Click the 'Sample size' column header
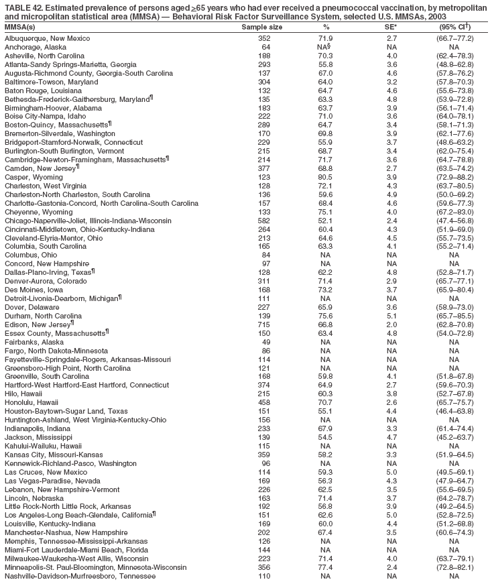(261, 27)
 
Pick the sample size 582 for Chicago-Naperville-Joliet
(263, 221)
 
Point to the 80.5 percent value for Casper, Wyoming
(326, 177)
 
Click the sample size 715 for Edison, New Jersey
(263, 325)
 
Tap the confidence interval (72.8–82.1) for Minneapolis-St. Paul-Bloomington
(454, 567)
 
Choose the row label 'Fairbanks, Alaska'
(32, 342)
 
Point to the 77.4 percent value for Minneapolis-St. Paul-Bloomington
(326, 567)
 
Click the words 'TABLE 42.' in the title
(24, 6)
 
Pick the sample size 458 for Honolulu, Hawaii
(263, 402)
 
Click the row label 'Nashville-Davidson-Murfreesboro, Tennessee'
(80, 576)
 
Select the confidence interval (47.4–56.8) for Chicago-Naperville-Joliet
(454, 221)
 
